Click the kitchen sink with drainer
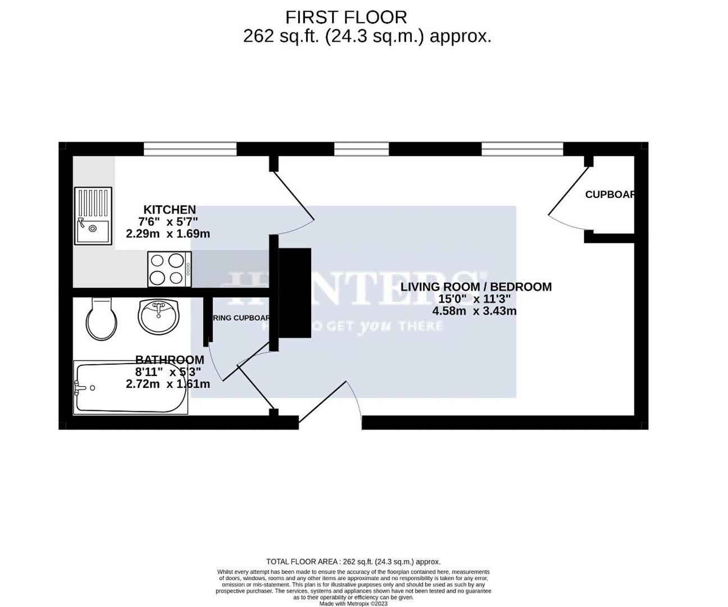tap(93, 216)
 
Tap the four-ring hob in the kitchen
tap(169, 269)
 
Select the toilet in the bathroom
tap(102, 319)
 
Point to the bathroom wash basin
tap(158, 315)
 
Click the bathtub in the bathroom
tap(131, 388)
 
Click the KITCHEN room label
tap(170, 210)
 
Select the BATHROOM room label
tap(170, 360)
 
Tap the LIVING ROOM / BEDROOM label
tap(476, 287)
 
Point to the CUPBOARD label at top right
tap(610, 194)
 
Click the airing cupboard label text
tap(242, 318)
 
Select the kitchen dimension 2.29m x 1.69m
tap(168, 234)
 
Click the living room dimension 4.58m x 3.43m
tap(475, 311)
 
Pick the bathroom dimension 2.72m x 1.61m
tap(168, 384)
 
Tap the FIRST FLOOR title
tap(346, 17)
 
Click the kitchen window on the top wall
tap(190, 148)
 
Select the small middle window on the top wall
tap(361, 148)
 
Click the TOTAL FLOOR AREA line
tap(353, 561)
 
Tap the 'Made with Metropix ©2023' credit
tap(353, 604)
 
